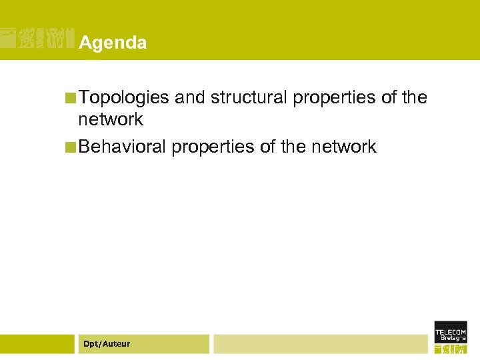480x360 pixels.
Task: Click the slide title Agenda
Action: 113,43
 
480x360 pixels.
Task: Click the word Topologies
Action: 123,98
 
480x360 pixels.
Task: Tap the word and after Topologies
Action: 190,98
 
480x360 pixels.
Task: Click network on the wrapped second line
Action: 111,120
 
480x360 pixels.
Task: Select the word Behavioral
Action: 123,147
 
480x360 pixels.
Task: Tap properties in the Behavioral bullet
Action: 213,147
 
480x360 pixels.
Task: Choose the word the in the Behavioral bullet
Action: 293,147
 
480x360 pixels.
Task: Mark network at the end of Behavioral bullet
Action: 344,147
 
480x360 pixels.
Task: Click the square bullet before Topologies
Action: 71,99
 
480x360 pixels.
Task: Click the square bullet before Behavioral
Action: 71,147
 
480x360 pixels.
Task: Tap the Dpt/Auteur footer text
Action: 107,344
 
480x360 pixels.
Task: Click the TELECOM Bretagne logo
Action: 451,338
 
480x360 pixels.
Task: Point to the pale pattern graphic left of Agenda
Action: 37,39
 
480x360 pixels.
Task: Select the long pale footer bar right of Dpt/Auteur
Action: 320,344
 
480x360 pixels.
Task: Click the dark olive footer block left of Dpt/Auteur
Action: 37,344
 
